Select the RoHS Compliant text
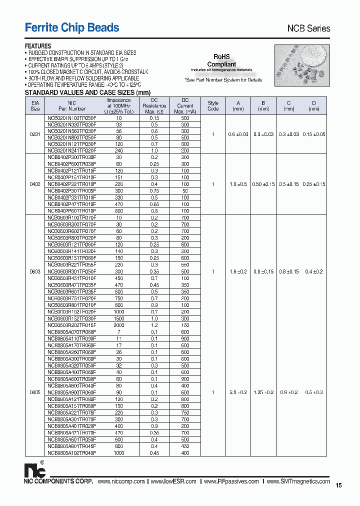[221, 60]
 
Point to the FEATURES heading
[38, 46]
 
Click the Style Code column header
[213, 105]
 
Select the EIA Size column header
[35, 105]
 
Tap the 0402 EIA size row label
[35, 184]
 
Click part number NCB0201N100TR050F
[71, 118]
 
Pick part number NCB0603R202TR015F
[71, 324]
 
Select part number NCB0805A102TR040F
[71, 452]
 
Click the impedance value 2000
[118, 324]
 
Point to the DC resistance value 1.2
[154, 324]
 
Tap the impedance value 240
[118, 150]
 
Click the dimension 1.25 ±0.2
[263, 392]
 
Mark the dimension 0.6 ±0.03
[237, 134]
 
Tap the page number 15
[338, 485]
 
